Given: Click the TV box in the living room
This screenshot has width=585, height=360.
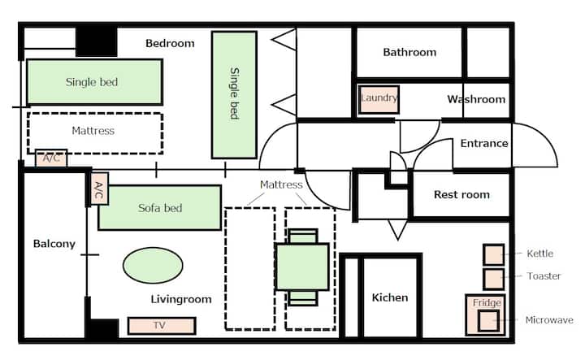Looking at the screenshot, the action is click(162, 325).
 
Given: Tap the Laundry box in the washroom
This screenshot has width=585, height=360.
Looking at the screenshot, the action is click(379, 99).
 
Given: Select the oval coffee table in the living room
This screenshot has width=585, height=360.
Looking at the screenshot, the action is click(153, 265).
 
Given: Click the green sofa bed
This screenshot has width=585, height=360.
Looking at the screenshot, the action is click(160, 207).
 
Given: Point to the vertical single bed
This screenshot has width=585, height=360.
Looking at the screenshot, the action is click(234, 95).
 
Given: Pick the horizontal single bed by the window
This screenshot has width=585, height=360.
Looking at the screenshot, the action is click(94, 82).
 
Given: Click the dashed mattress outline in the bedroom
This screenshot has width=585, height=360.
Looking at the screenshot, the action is click(95, 132).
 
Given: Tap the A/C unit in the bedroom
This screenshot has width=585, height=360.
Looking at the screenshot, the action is click(51, 158).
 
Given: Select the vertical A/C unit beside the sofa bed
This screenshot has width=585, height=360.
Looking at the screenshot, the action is click(99, 189).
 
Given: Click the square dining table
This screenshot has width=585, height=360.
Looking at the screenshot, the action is click(302, 267).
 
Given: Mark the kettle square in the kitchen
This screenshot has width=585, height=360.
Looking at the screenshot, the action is click(494, 254).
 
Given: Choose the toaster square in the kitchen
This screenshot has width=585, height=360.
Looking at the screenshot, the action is click(494, 279).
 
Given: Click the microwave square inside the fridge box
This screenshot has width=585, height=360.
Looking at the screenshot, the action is click(489, 321).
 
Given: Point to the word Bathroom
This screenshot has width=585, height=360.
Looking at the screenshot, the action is click(409, 52).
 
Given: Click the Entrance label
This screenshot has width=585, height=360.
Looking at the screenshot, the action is click(484, 143).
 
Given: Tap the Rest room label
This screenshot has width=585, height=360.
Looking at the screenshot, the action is click(461, 194).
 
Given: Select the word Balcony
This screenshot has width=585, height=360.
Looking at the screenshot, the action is click(54, 244).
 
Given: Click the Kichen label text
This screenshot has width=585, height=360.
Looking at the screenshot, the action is click(390, 297).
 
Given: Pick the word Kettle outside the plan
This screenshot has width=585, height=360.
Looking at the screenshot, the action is click(539, 254).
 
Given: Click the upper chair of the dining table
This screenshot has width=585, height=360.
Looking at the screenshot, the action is click(303, 236).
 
